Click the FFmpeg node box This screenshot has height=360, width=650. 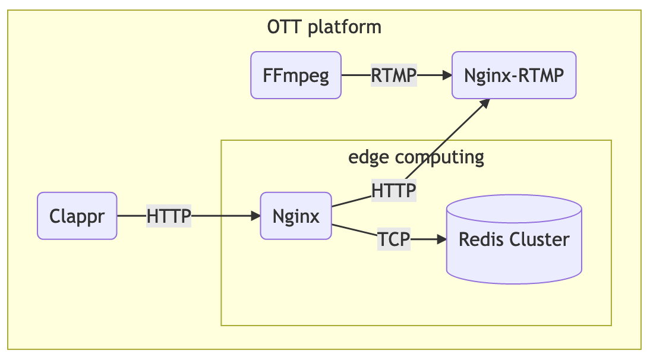pos(296,75)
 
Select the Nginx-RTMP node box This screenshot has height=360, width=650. pos(514,75)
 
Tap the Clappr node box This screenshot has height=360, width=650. pos(77,216)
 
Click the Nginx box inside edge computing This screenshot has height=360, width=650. pos(296,216)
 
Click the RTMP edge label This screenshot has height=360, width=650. pos(393,75)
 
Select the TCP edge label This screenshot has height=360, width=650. pos(394,239)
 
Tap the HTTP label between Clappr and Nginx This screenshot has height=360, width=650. pos(169,216)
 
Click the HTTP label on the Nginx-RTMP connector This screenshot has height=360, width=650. pos(393,191)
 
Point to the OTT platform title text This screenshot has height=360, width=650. pos(324,27)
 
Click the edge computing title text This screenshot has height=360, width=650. pos(416,157)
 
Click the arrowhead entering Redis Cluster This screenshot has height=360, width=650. pos(441,239)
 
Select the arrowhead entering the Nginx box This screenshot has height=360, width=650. pos(255,216)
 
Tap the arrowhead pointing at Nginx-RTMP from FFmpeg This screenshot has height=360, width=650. pos(447,75)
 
